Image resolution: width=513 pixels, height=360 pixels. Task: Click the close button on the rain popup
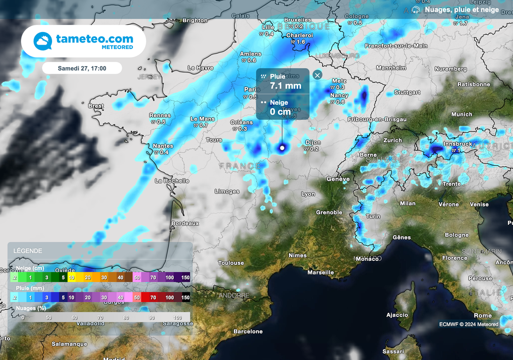point(317,75)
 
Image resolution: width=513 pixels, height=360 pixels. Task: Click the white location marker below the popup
point(282,148)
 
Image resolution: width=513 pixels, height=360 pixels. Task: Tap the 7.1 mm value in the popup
point(286,86)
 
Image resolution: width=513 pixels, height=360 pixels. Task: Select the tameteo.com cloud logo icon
point(43,42)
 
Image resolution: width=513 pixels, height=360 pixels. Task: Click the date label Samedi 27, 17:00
point(82,68)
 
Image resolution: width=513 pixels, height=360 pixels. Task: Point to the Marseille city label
point(320,272)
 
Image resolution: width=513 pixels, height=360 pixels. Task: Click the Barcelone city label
point(248,331)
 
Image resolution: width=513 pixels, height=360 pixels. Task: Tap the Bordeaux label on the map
point(185,223)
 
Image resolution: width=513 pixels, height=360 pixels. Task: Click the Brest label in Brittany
point(96,106)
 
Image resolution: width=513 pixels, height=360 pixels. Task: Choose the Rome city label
point(482,315)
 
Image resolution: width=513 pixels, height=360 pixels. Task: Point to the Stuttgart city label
point(407,93)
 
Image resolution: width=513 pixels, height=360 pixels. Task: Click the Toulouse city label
point(231,263)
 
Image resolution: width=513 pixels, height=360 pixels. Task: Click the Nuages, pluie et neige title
point(461,10)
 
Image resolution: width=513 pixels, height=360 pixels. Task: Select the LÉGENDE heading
point(28,251)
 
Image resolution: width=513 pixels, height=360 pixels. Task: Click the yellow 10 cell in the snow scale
point(72,277)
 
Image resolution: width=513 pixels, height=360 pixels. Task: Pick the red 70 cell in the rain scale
point(153,297)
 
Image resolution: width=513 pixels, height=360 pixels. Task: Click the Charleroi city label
point(300,36)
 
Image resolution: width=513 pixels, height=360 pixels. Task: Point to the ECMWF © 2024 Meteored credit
point(469,324)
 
